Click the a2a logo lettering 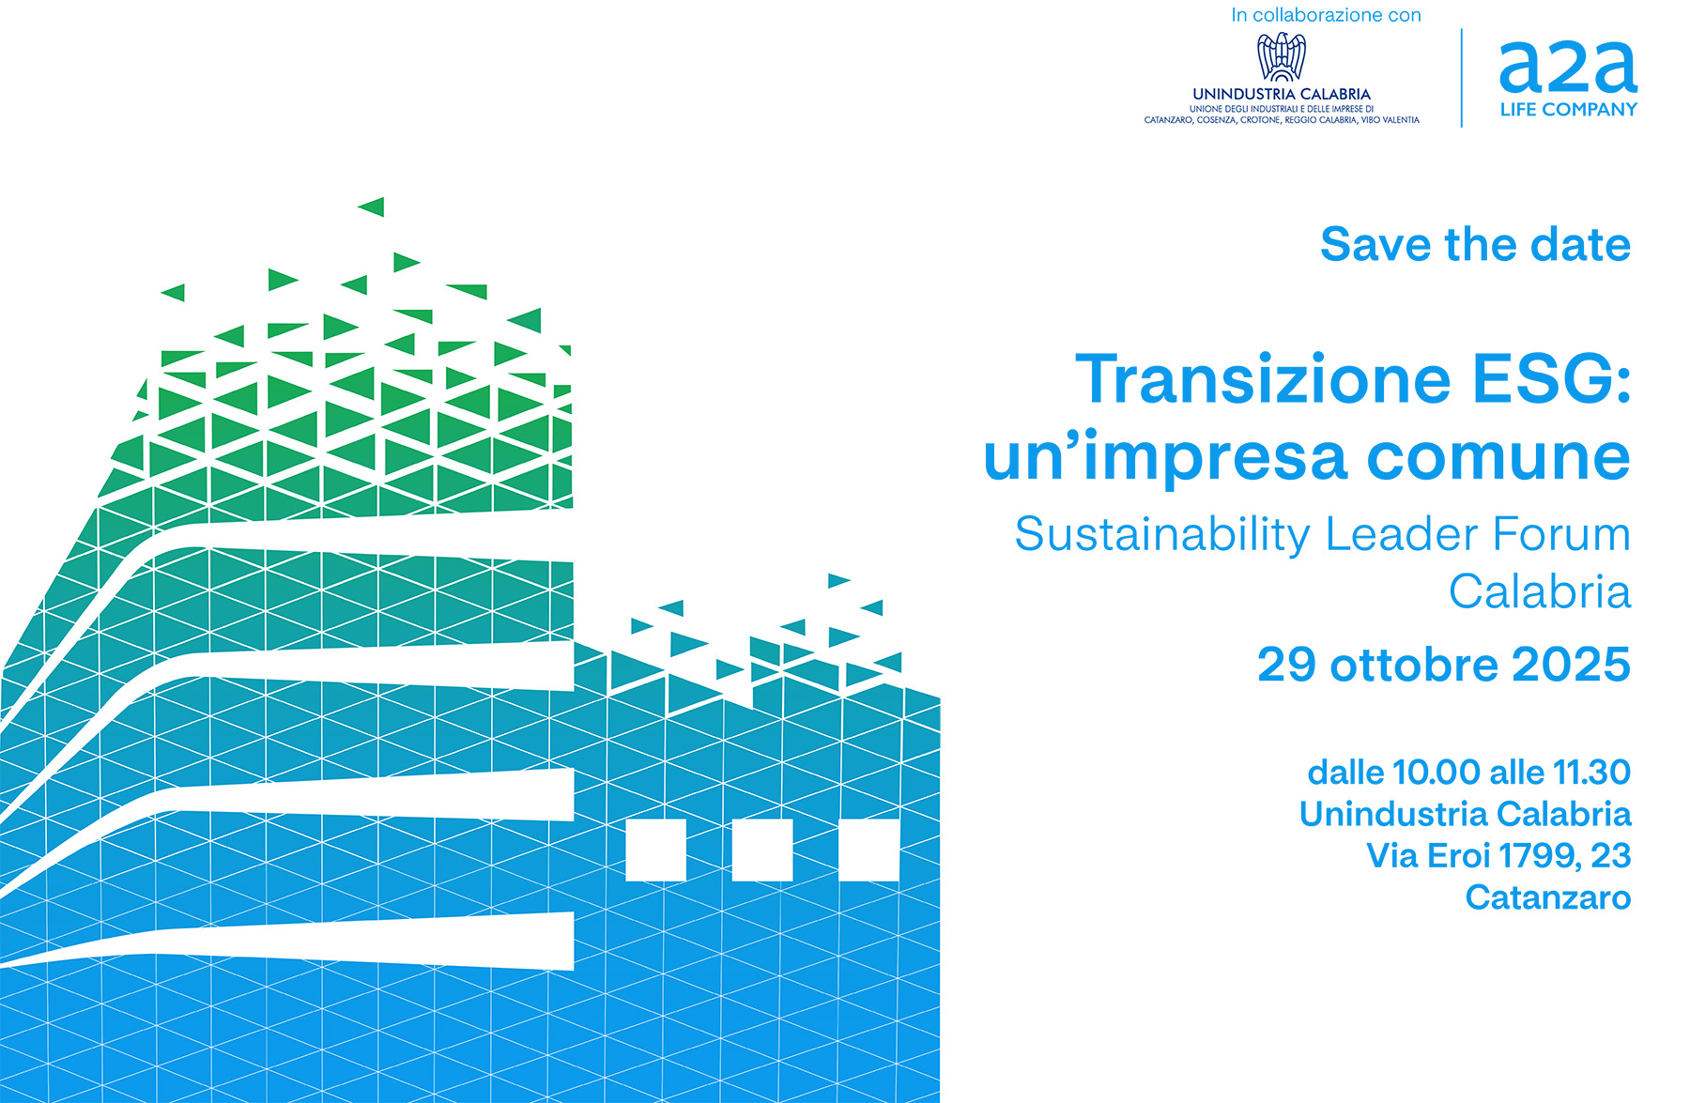tap(1568, 67)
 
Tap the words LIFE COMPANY tap(1568, 110)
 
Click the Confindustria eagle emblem tap(1282, 56)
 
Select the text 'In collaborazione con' tap(1326, 15)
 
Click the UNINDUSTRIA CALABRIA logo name tap(1282, 94)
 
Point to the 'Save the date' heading tap(1475, 244)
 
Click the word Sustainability tap(1162, 535)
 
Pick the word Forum tap(1560, 534)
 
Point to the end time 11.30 tap(1592, 773)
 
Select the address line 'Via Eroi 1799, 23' tap(1498, 856)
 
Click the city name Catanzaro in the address tap(1548, 898)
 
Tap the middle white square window tap(762, 850)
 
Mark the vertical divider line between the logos tap(1462, 78)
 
